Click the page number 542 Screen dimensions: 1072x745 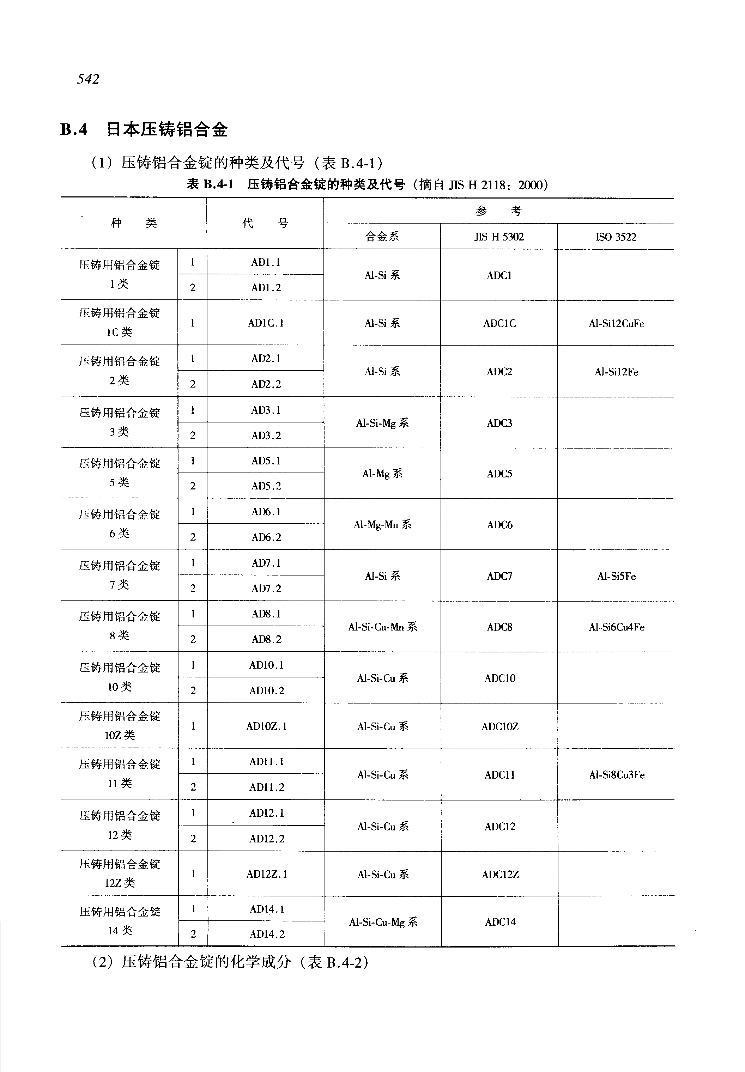click(88, 79)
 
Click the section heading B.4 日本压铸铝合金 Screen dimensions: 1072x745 click(144, 129)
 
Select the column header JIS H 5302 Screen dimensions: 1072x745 click(499, 237)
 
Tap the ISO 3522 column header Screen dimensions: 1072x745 click(616, 237)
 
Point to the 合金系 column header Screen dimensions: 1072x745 click(382, 237)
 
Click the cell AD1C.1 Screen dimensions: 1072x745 click(266, 323)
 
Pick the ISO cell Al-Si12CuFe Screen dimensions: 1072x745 click(616, 323)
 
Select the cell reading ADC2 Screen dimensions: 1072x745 click(499, 371)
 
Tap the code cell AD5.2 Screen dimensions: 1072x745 click(266, 486)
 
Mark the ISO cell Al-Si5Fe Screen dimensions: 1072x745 click(616, 576)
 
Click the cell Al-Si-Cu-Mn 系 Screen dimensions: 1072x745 click(382, 627)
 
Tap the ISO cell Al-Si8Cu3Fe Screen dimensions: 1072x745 click(617, 775)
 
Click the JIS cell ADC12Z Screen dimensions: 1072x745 click(500, 874)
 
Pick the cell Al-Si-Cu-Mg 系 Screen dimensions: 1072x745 click(383, 922)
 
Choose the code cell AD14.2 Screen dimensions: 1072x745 click(267, 934)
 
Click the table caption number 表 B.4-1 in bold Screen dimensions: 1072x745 click(210, 185)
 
